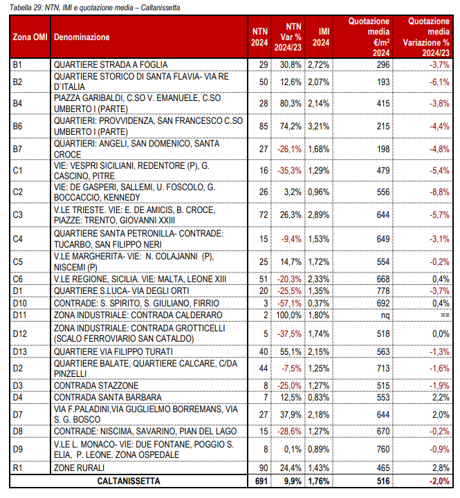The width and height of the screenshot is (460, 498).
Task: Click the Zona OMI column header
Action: tap(30, 37)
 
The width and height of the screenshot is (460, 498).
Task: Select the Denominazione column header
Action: tap(82, 37)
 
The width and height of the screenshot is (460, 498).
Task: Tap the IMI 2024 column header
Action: tap(321, 37)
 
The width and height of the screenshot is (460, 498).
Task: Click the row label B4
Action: tap(17, 104)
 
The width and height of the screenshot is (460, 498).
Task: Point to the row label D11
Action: tap(19, 315)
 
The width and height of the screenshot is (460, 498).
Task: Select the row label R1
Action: tap(17, 468)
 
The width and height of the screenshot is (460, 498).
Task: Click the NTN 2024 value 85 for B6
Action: tap(264, 127)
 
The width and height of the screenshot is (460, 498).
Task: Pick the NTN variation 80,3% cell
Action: tap(291, 104)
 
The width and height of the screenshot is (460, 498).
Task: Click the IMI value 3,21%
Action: tap(319, 127)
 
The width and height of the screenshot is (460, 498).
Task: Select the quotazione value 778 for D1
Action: tap(383, 291)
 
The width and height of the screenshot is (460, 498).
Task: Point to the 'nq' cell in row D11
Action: tap(385, 315)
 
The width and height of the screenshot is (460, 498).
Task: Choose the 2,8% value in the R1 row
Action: tap(441, 468)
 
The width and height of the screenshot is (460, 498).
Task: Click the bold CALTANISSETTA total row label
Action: tap(129, 481)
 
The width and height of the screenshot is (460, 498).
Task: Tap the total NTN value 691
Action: tap(261, 481)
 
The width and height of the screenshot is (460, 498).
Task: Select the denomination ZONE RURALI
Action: tap(79, 468)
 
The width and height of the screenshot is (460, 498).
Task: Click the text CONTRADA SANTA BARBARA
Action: tap(108, 397)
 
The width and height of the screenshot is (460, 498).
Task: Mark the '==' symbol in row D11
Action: tap(445, 315)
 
